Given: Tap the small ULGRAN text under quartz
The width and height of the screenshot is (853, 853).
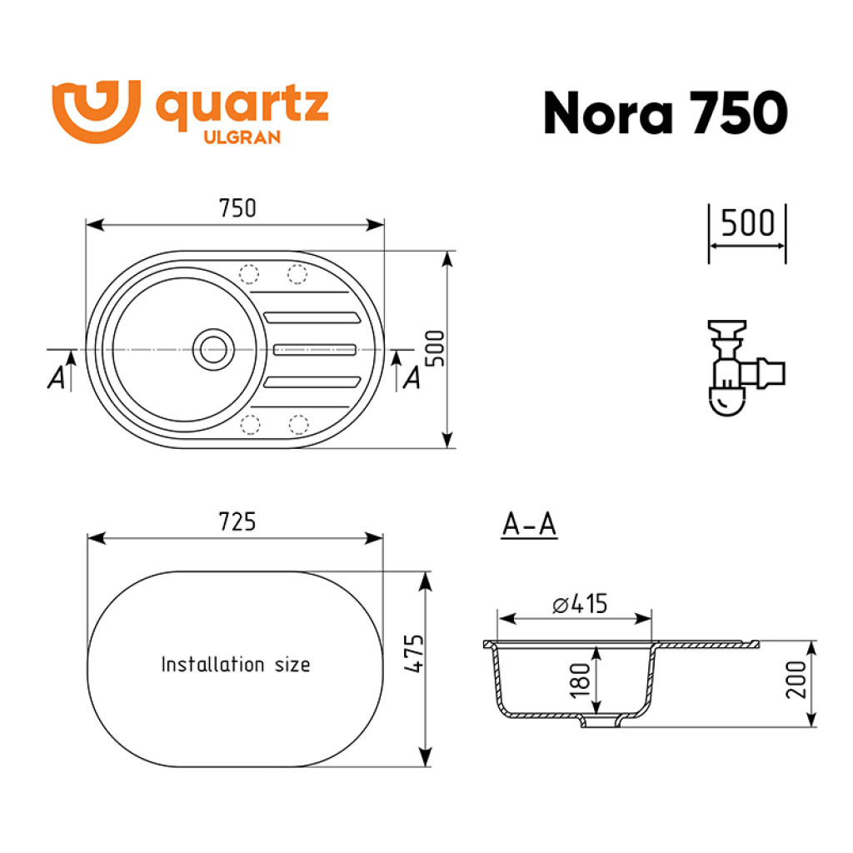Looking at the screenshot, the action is [242, 137].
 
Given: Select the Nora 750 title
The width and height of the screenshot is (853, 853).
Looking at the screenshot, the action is [666, 112].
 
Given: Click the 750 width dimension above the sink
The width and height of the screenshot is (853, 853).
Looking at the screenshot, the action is [237, 208].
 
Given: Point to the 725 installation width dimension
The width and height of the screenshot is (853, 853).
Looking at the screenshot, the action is [237, 521].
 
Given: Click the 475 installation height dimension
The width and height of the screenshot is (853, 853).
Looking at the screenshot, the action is [415, 653].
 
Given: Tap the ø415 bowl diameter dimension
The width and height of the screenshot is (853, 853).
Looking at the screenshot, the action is [580, 604].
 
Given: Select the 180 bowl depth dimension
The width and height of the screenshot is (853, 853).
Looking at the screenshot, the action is [580, 680].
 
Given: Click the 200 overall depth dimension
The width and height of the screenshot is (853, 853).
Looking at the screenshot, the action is [796, 680].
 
